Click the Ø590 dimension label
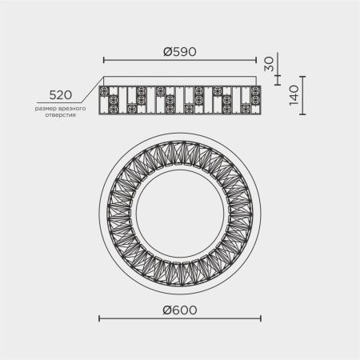pyautogui.click(x=180, y=52)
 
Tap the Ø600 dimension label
pyautogui.click(x=180, y=310)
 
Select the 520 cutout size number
pyautogui.click(x=61, y=95)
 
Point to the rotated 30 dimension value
pyautogui.click(x=269, y=64)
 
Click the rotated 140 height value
pyautogui.click(x=294, y=95)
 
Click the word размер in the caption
pyautogui.click(x=46, y=109)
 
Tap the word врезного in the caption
pyautogui.click(x=72, y=109)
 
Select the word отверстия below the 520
pyautogui.click(x=61, y=115)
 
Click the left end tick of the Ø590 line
pyautogui.click(x=104, y=60)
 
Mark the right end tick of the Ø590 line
pyautogui.click(x=256, y=60)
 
